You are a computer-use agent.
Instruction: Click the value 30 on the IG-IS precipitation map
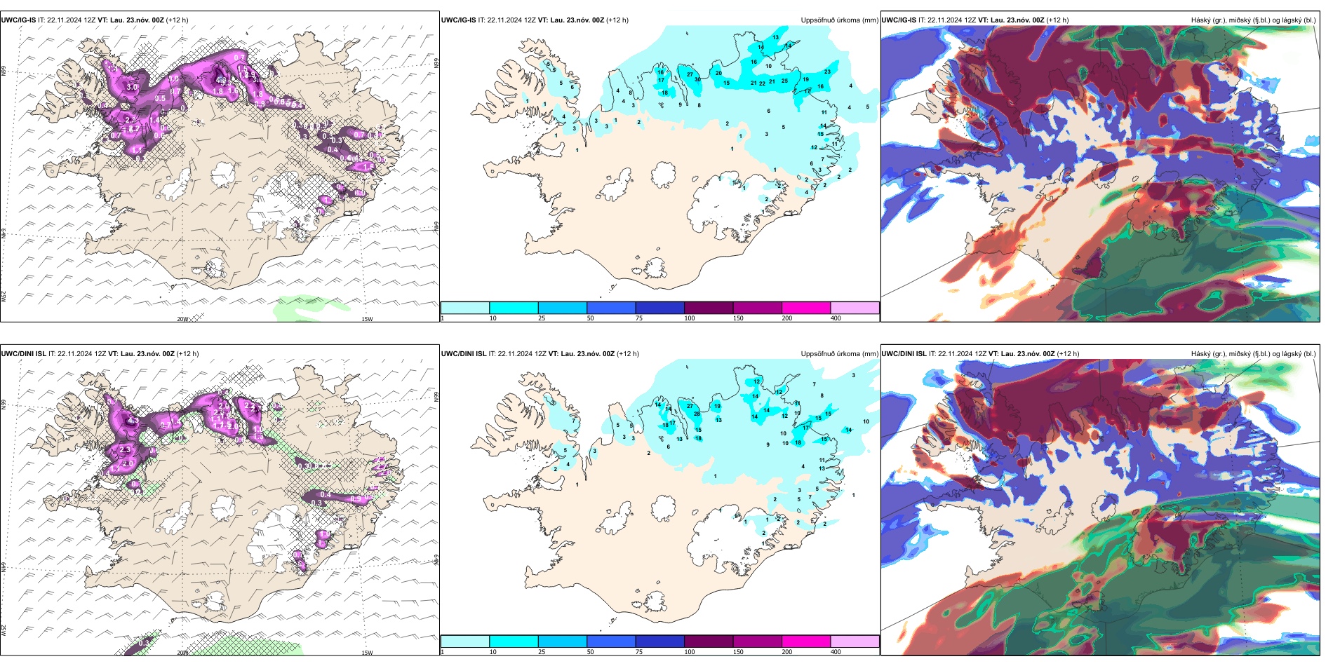point(697,80)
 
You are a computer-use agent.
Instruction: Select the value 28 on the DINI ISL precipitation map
point(697,414)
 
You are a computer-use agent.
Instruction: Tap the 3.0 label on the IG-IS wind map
point(132,87)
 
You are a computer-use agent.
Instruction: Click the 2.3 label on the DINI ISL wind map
point(126,449)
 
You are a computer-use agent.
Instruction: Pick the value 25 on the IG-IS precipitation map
point(784,81)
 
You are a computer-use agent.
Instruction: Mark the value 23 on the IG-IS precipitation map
point(827,72)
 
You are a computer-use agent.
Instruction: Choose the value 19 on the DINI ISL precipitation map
point(717,406)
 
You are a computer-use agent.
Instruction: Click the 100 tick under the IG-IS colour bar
point(690,318)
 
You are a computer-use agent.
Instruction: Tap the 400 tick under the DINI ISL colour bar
point(836,652)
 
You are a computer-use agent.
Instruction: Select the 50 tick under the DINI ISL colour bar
point(590,652)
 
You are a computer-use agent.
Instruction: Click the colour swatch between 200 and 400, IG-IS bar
point(855,308)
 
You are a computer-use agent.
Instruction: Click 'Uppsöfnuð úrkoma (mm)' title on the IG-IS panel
point(839,20)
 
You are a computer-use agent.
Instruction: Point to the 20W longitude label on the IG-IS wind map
point(182,319)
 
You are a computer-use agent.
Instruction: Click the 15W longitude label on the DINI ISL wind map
point(366,653)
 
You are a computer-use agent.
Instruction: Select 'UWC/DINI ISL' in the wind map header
point(23,354)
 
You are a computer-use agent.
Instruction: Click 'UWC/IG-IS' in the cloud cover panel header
point(899,20)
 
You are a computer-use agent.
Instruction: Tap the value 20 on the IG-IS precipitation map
point(718,73)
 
